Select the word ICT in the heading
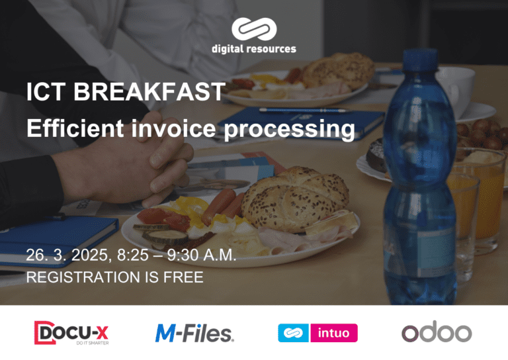[x=47, y=92]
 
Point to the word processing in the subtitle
[x=289, y=128]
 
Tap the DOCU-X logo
[x=71, y=333]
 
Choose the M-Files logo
[x=194, y=332]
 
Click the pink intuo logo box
[x=333, y=333]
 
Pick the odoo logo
[x=436, y=332]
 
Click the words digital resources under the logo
[x=254, y=49]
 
